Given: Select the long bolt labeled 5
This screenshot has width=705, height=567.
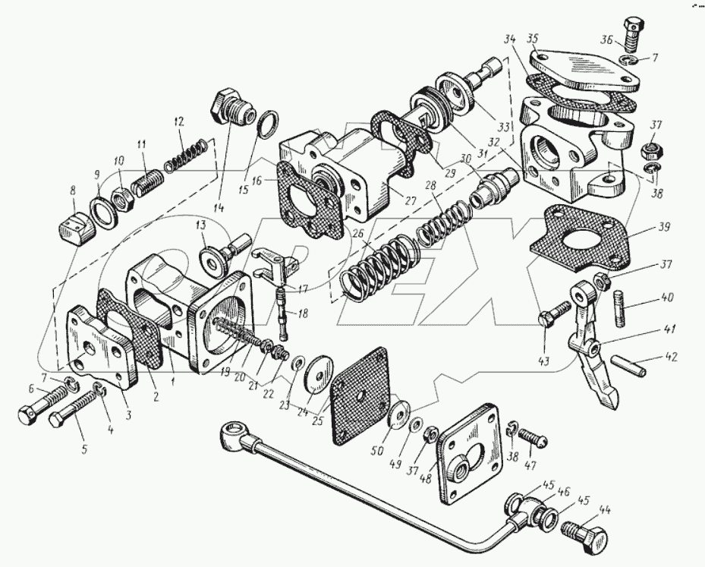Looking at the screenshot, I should [x=66, y=418].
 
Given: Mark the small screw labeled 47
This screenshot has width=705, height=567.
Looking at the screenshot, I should [x=536, y=438].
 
